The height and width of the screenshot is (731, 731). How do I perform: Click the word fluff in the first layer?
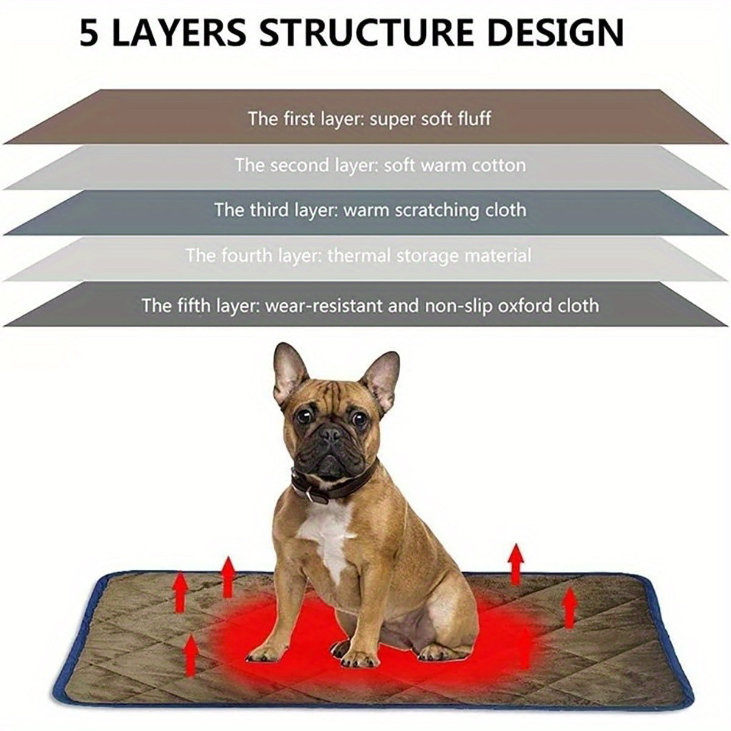[473, 118]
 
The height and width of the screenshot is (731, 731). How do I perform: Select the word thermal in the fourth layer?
[359, 255]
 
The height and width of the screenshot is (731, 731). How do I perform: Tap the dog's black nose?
[331, 434]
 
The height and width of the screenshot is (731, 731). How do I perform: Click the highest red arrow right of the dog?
[517, 563]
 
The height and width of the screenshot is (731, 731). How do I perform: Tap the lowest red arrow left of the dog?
[191, 652]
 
